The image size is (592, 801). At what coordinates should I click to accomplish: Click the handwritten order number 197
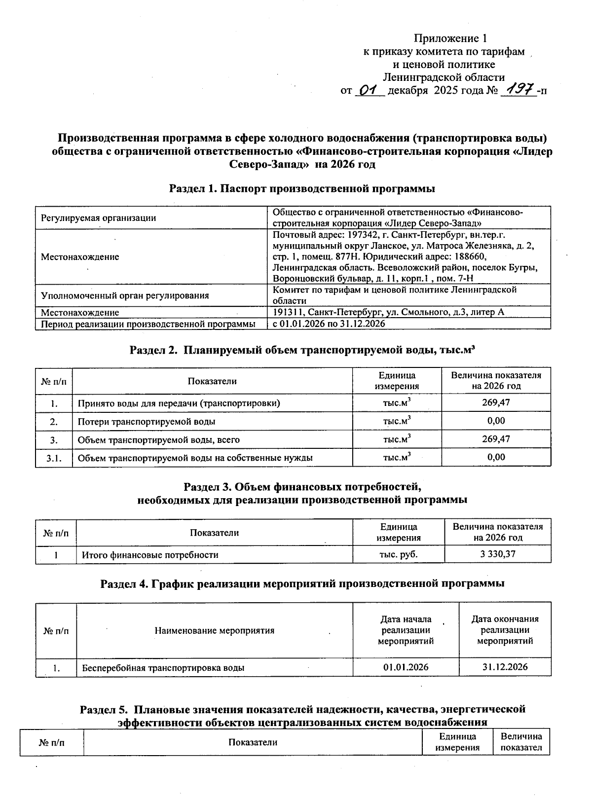coord(518,90)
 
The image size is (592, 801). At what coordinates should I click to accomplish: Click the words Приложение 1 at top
coord(450,38)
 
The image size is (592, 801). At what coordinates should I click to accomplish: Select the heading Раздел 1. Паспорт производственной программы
coord(302,188)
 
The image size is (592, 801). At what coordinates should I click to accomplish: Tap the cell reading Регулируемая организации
coord(98,218)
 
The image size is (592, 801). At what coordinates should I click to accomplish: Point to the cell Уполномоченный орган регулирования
coord(125,295)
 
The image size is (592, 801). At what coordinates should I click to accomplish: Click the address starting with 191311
coord(388,312)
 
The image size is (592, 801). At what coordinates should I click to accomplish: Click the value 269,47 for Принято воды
coord(496,402)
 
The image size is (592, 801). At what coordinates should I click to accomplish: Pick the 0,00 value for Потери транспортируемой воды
coord(496,421)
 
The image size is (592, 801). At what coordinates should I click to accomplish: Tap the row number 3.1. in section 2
coord(54,458)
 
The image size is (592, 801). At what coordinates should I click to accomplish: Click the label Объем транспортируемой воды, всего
coord(159,439)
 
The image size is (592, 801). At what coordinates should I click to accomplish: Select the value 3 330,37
coord(497,554)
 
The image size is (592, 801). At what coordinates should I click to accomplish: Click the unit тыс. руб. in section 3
coord(398,554)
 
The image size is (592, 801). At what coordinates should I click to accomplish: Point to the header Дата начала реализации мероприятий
coord(406,630)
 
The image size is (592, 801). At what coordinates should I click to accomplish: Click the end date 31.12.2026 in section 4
coord(505,667)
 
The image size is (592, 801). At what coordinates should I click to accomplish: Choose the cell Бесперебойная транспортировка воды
coord(163,668)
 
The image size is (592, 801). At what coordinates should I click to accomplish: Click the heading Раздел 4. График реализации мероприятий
coord(302,583)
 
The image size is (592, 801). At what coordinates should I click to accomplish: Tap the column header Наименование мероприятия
coord(214,630)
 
